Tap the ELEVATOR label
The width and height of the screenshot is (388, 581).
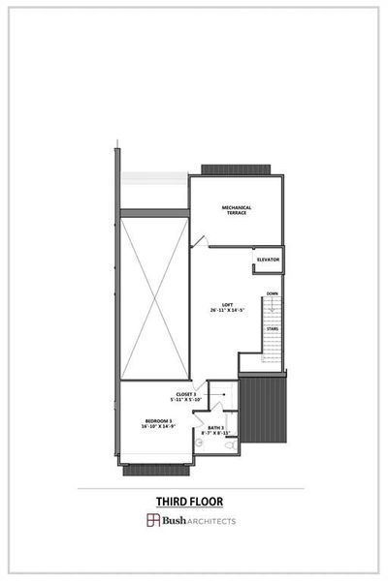pos(269,260)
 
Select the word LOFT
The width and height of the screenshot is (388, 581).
pos(227,305)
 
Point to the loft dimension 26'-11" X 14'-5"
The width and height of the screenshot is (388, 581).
pos(227,311)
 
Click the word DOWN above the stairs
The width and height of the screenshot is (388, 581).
pos(273,293)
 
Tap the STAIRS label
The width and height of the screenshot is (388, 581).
pos(273,328)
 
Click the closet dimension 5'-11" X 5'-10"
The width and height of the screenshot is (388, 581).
pos(185,400)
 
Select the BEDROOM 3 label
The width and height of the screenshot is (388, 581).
pos(158,420)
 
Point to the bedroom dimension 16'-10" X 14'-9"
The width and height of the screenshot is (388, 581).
pos(158,426)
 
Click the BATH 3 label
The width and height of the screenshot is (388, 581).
pos(214,427)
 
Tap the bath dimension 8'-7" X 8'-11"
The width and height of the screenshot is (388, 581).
pos(214,433)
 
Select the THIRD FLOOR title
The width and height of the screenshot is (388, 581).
pos(190,501)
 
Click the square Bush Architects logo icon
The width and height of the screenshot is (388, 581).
pos(152,521)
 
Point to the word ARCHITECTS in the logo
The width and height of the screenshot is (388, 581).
pos(210,521)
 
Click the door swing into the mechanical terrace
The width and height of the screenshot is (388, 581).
pos(200,239)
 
